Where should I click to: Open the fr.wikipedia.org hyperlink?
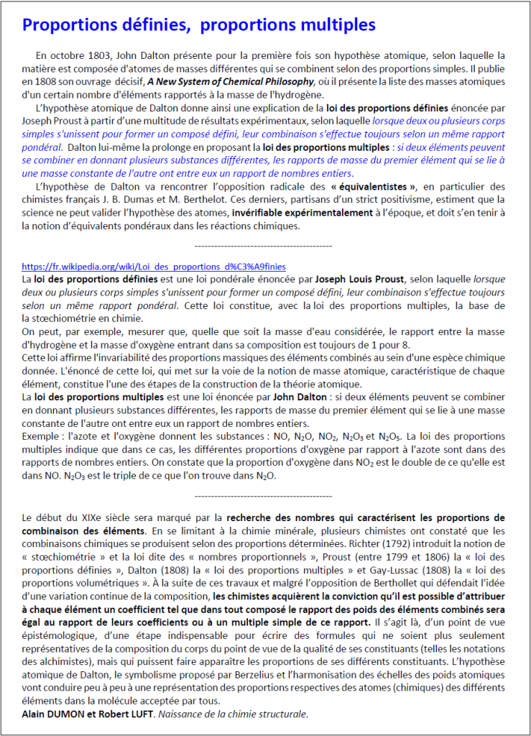point(144,265)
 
